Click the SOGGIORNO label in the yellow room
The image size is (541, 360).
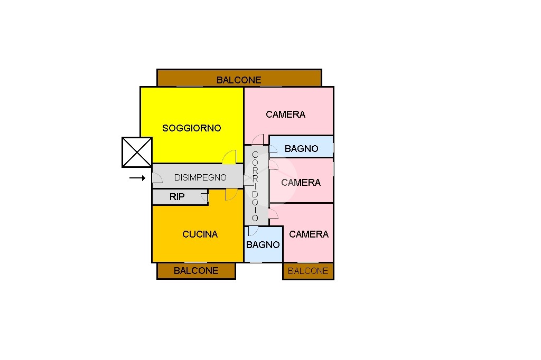tap(191, 128)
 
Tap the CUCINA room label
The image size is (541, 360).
tap(200, 234)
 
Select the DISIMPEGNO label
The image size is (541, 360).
tap(200, 177)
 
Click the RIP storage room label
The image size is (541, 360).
tap(177, 197)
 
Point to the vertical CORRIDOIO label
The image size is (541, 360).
tap(255, 186)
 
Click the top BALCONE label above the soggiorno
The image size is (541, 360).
tap(239, 80)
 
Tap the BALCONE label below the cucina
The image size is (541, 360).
tap(196, 271)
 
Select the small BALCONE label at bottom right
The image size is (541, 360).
tap(308, 271)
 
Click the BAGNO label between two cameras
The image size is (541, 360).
tap(301, 149)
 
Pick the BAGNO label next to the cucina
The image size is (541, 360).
tap(263, 245)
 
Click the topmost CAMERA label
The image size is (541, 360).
tap(286, 115)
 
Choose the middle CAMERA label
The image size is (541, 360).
tap(301, 183)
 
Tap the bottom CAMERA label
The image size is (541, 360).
tap(309, 234)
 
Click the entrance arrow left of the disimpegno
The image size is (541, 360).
tap(137, 178)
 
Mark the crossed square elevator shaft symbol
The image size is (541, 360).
tap(137, 153)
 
